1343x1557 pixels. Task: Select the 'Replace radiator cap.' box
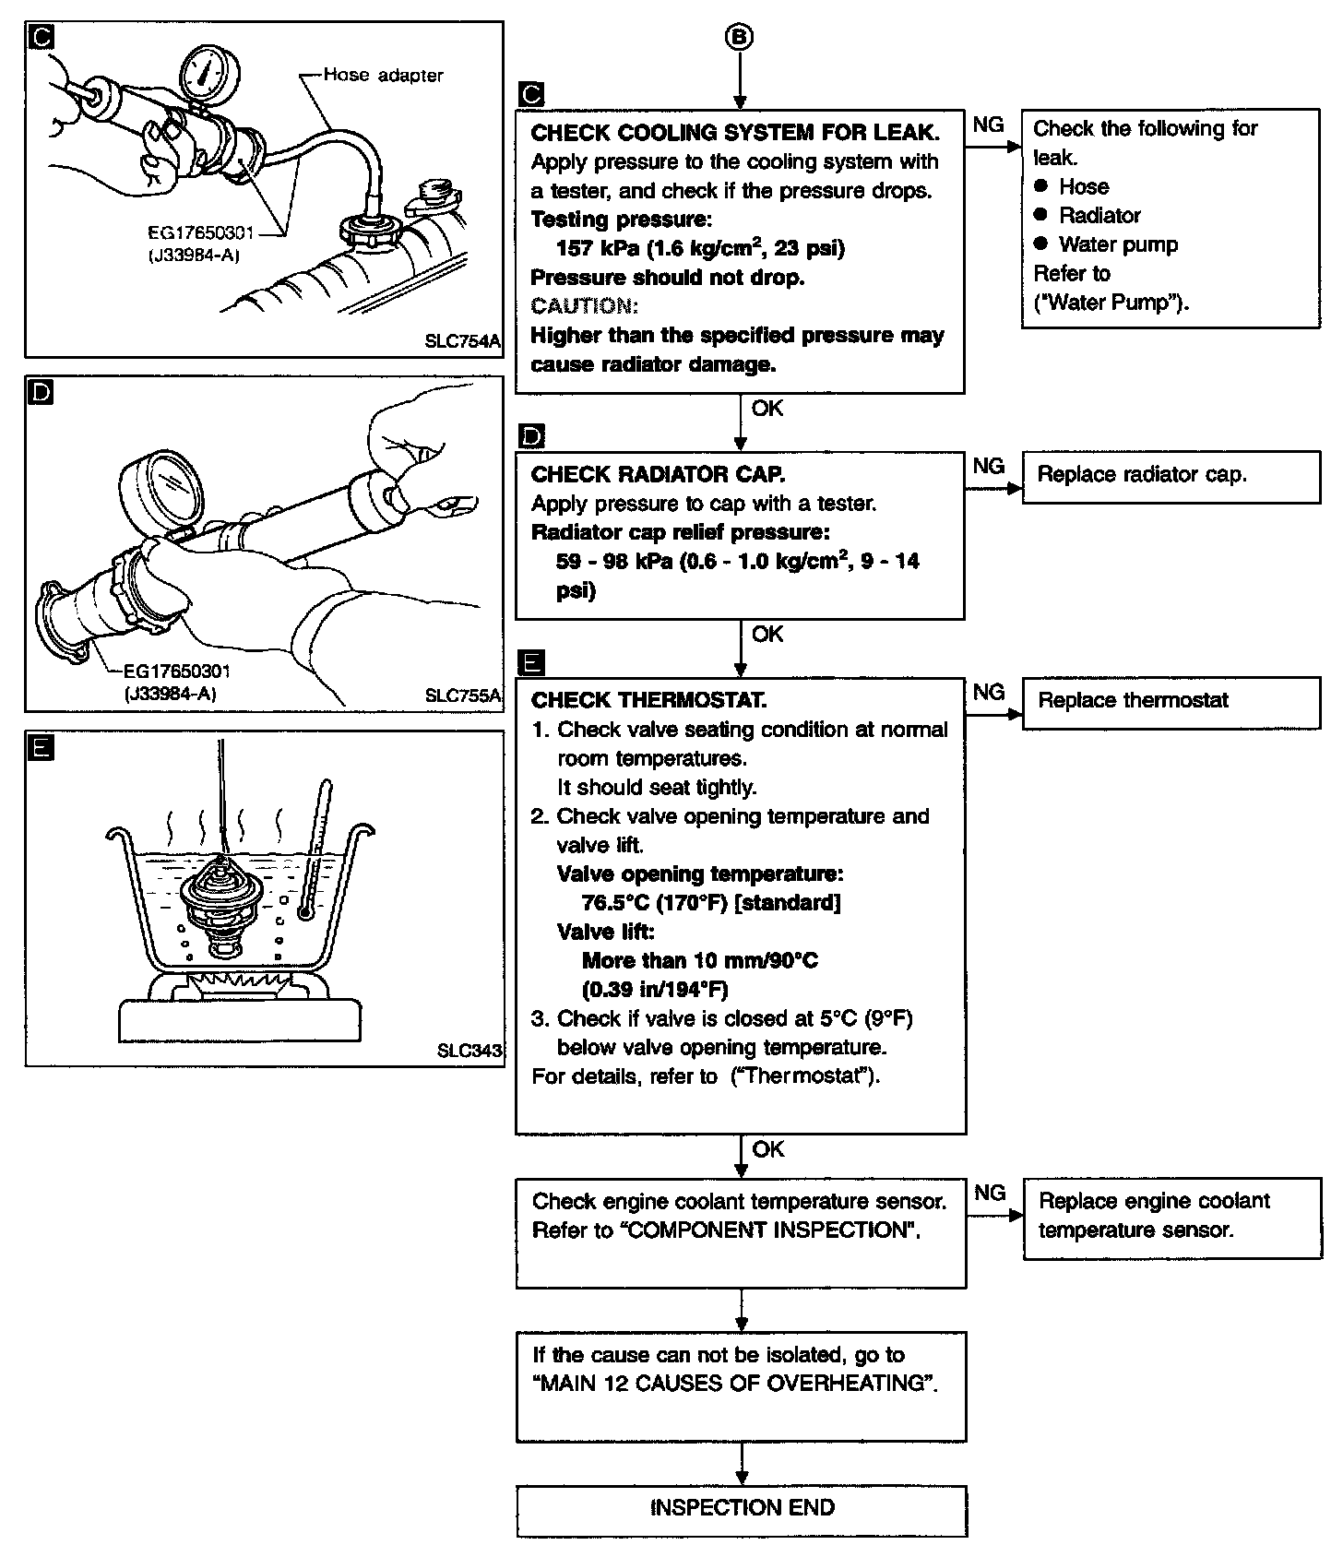(1171, 476)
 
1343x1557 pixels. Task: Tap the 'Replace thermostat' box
(1171, 702)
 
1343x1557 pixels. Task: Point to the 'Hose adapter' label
(383, 75)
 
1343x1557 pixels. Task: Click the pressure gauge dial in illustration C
(206, 73)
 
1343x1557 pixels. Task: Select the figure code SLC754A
(461, 341)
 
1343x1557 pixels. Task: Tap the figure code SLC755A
(462, 695)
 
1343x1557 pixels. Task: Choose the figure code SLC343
(469, 1051)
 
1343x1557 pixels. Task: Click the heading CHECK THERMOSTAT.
(648, 700)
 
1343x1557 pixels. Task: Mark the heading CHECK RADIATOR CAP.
(658, 475)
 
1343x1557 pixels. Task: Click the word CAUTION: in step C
(584, 306)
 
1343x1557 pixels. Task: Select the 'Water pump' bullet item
(1118, 244)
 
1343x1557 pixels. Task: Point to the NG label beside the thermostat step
(989, 692)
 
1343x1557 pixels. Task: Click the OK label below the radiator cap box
(767, 635)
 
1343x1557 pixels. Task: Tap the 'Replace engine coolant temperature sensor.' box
(1171, 1217)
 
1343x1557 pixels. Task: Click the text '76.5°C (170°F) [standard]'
(711, 903)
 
